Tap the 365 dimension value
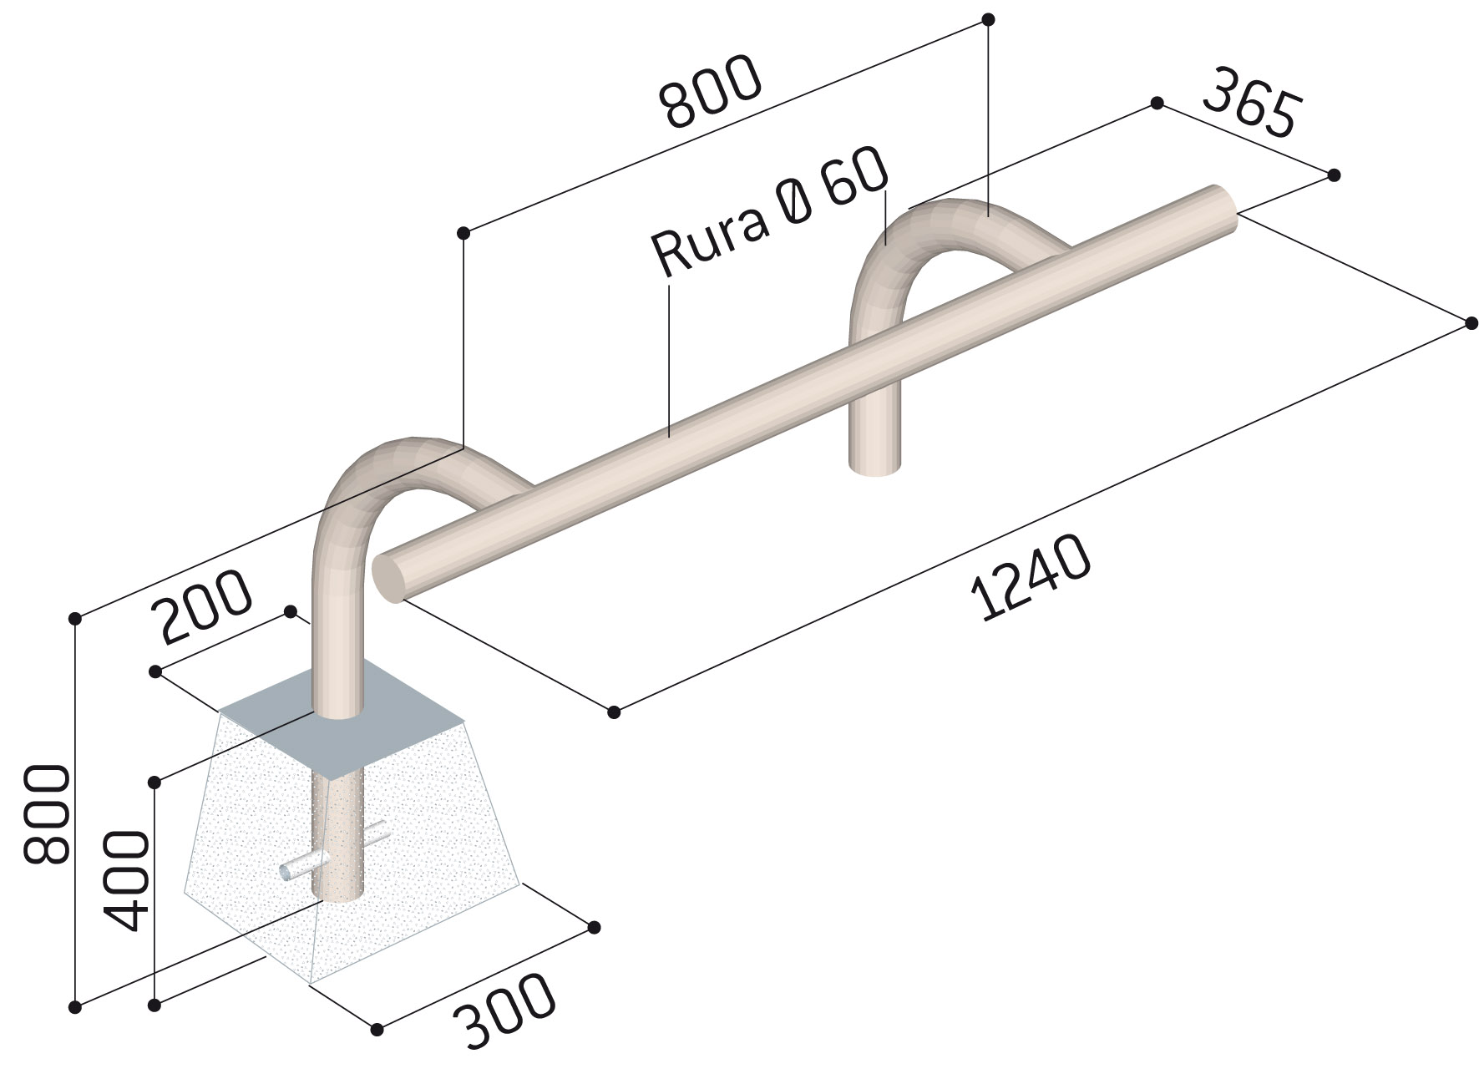(1249, 104)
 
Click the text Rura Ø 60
(768, 213)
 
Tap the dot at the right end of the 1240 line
(1471, 323)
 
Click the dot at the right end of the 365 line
(1334, 175)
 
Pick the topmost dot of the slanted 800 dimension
(988, 18)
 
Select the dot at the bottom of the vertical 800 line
(75, 1006)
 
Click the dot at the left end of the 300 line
(377, 1028)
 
